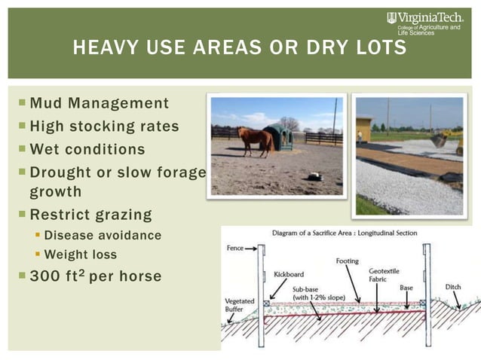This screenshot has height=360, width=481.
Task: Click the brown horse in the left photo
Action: click(255, 140)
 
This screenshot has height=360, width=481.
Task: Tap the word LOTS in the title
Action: click(380, 50)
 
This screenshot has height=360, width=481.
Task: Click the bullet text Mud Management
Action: click(99, 103)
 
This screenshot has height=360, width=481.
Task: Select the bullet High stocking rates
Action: click(103, 126)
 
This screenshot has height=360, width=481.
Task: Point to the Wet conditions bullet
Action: click(87, 148)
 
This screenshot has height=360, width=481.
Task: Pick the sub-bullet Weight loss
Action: click(81, 255)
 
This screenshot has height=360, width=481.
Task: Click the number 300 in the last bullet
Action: click(44, 276)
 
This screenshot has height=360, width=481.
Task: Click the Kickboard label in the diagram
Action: click(289, 274)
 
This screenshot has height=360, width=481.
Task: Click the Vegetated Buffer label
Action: click(240, 305)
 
